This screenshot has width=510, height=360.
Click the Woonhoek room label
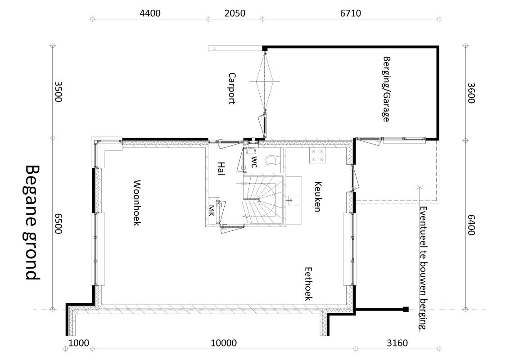(136, 202)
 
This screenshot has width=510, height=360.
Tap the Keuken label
(318, 196)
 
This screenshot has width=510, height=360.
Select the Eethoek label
(308, 284)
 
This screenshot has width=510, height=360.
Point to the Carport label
(231, 89)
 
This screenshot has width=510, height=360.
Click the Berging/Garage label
(386, 89)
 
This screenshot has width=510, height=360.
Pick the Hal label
(221, 168)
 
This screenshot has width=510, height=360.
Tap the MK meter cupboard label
(212, 211)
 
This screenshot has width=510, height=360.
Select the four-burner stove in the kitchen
(317, 155)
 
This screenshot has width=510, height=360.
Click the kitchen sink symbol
(293, 201)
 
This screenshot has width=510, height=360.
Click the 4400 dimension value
(150, 13)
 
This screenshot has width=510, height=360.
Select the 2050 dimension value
(235, 13)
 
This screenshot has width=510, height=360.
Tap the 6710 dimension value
(350, 13)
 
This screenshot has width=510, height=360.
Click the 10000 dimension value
(224, 343)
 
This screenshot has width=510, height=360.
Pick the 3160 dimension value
(397, 343)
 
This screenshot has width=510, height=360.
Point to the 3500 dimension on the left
(58, 92)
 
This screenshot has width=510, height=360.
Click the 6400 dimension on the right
(471, 225)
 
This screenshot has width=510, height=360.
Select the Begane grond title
(32, 223)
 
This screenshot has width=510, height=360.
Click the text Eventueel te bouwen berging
(423, 268)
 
